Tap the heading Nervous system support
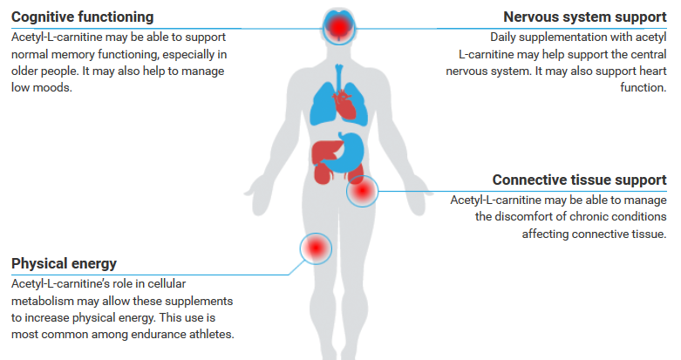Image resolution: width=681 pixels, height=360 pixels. pos(585,17)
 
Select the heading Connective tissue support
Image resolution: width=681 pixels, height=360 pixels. pos(579,180)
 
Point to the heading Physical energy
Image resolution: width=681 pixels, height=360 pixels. pos(64,263)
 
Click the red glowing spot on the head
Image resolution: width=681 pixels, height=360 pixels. pos(336,27)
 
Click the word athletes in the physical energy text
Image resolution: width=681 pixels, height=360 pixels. pos(208,334)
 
